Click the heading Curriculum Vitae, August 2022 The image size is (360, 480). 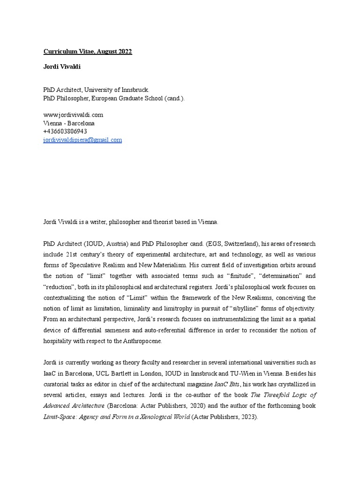point(88,52)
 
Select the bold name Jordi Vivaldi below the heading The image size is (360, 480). point(62,67)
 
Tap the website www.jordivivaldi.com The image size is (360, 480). point(73,115)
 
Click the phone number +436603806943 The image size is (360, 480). point(65,132)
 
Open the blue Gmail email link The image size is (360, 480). point(82,140)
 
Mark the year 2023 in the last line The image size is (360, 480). point(247,417)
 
